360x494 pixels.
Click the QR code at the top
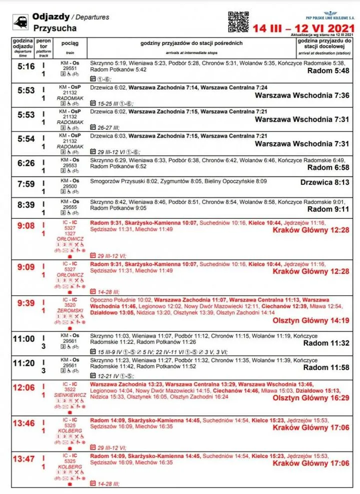point(238,21)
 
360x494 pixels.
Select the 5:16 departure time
point(23,67)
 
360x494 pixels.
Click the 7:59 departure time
point(23,184)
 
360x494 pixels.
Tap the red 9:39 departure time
point(23,303)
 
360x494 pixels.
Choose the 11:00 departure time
point(23,339)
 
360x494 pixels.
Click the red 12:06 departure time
point(23,387)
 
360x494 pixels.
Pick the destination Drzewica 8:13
point(324,183)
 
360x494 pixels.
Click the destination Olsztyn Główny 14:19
point(310,320)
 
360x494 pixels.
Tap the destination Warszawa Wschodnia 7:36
point(302,95)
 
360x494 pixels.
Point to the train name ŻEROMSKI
point(70,310)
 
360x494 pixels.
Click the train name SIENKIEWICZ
point(70,395)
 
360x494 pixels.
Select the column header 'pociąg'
point(70,44)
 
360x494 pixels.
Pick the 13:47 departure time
point(23,459)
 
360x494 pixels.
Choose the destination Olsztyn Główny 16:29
point(310,398)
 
